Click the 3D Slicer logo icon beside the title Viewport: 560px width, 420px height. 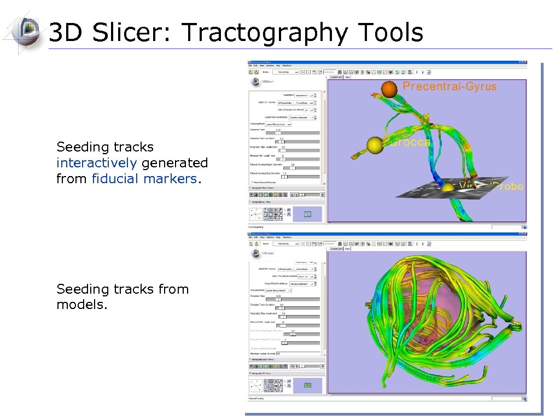point(22,31)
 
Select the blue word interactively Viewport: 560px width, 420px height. point(96,163)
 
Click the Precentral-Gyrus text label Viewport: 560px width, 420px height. point(450,86)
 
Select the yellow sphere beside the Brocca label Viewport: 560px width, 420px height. point(375,145)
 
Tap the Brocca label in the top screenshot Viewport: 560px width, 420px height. point(411,142)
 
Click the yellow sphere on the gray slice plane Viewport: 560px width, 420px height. point(448,188)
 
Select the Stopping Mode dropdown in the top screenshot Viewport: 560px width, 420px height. point(279,124)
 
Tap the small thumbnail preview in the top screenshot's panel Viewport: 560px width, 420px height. point(307,214)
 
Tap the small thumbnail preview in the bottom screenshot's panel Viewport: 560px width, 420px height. point(307,386)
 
